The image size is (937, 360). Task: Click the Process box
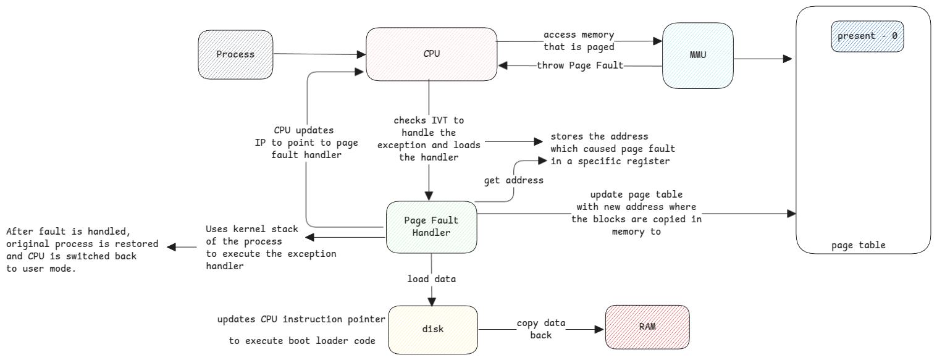[235, 54]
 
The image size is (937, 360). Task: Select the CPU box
[431, 54]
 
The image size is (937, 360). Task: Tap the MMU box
[697, 56]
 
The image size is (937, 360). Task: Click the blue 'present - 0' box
[867, 36]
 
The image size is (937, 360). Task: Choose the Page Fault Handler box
[431, 227]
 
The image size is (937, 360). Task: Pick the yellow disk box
[432, 329]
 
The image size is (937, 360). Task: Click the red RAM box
[647, 326]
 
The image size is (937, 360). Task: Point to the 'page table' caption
[858, 245]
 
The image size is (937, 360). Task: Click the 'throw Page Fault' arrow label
[579, 65]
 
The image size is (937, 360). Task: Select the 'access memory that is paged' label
[579, 41]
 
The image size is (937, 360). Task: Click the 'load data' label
[431, 279]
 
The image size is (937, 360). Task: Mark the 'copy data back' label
[540, 329]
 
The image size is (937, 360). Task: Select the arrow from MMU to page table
[762, 59]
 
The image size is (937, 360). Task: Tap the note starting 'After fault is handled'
[82, 250]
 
